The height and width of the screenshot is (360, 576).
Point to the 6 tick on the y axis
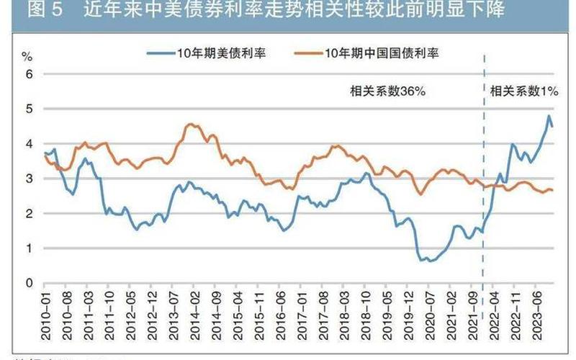pos(30,74)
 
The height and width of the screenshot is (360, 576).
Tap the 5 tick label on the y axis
pos(30,109)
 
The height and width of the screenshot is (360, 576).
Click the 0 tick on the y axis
pos(30,283)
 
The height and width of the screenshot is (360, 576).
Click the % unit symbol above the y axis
pos(27,55)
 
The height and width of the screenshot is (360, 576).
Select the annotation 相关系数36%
pos(389,91)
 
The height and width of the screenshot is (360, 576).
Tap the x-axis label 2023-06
pos(537,310)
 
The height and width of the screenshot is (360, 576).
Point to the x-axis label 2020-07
pos(431,310)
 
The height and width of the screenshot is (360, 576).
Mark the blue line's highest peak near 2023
pos(549,116)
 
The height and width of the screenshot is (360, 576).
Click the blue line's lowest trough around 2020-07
pos(431,260)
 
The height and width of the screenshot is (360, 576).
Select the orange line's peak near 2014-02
pos(190,124)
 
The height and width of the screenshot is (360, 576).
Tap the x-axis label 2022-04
pos(495,310)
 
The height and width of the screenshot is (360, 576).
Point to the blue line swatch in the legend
pos(161,53)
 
